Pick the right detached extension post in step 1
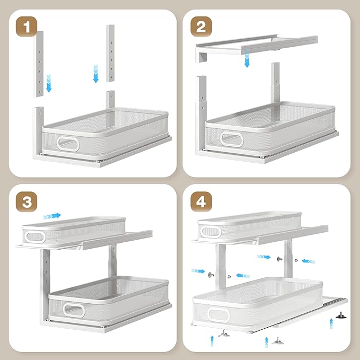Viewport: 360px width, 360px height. pyautogui.click(x=111, y=52)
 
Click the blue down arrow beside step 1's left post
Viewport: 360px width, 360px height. pyautogui.click(x=49, y=84)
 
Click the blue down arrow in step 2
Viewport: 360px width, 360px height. pyautogui.click(x=247, y=59)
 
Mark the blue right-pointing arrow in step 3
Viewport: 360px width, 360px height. pyautogui.click(x=52, y=215)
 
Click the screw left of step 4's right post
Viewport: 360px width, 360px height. pyautogui.click(x=278, y=259)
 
